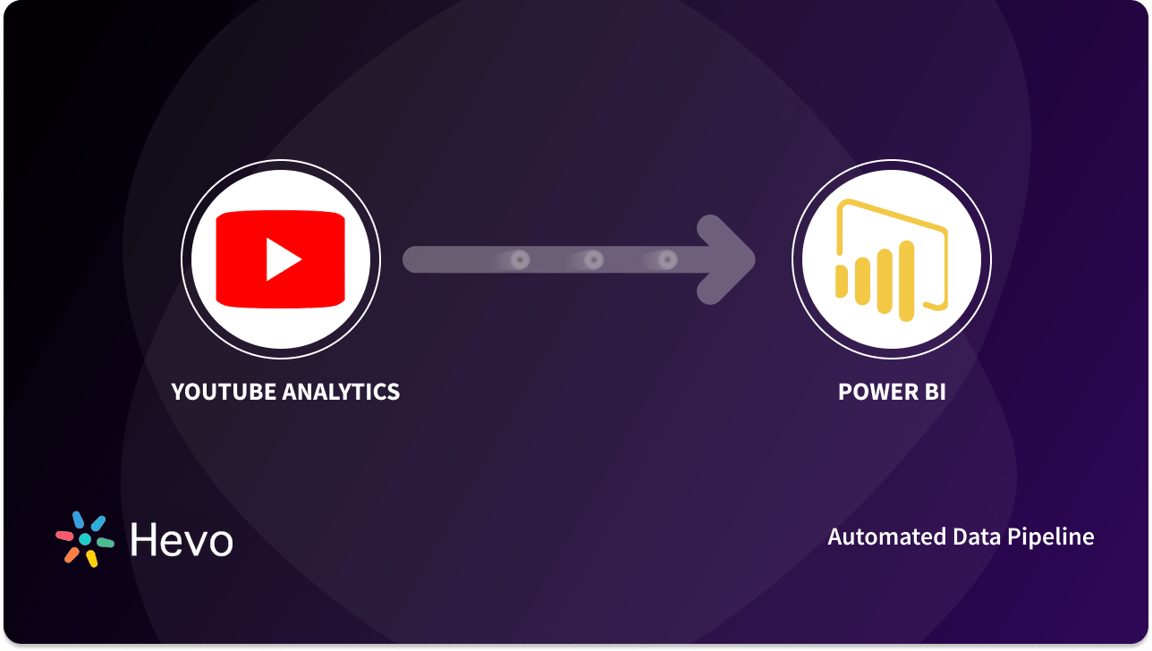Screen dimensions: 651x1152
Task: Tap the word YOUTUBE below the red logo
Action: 224,392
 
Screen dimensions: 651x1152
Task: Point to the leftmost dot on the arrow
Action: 520,260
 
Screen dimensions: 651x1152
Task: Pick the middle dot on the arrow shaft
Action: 593,260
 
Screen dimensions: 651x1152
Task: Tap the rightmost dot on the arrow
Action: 666,260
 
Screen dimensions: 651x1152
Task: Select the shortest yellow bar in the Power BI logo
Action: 841,279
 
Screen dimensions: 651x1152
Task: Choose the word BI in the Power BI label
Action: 932,392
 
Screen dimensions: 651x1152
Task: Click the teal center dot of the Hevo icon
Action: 85,540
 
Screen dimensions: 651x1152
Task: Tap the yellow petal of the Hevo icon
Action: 91,559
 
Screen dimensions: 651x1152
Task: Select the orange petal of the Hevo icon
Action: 72,554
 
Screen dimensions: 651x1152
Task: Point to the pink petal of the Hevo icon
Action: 65,536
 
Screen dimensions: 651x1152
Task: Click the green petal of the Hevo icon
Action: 106,543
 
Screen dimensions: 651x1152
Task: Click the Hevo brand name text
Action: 181,540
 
